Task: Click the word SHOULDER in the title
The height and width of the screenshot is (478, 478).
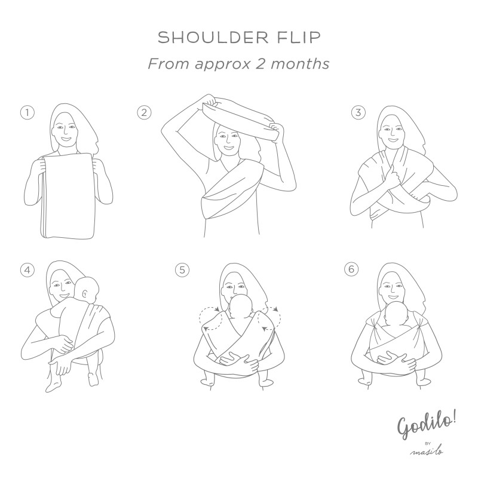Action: [213, 38]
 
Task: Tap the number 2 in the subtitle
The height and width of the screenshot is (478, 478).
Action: [260, 64]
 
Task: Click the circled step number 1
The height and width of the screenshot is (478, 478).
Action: [27, 113]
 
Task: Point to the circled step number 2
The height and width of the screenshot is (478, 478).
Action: [144, 112]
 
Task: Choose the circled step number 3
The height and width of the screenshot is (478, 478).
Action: [358, 112]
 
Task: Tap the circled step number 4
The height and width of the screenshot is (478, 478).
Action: [27, 270]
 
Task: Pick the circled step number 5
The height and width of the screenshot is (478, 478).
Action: [182, 270]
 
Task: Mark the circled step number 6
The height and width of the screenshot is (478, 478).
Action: [351, 269]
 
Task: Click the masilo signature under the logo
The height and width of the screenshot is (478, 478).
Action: [427, 452]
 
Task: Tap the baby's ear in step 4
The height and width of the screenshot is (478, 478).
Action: [84, 293]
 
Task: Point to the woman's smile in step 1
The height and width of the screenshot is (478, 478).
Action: [66, 139]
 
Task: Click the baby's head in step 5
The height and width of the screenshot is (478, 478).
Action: [241, 307]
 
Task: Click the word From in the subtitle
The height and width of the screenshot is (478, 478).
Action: [169, 64]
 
